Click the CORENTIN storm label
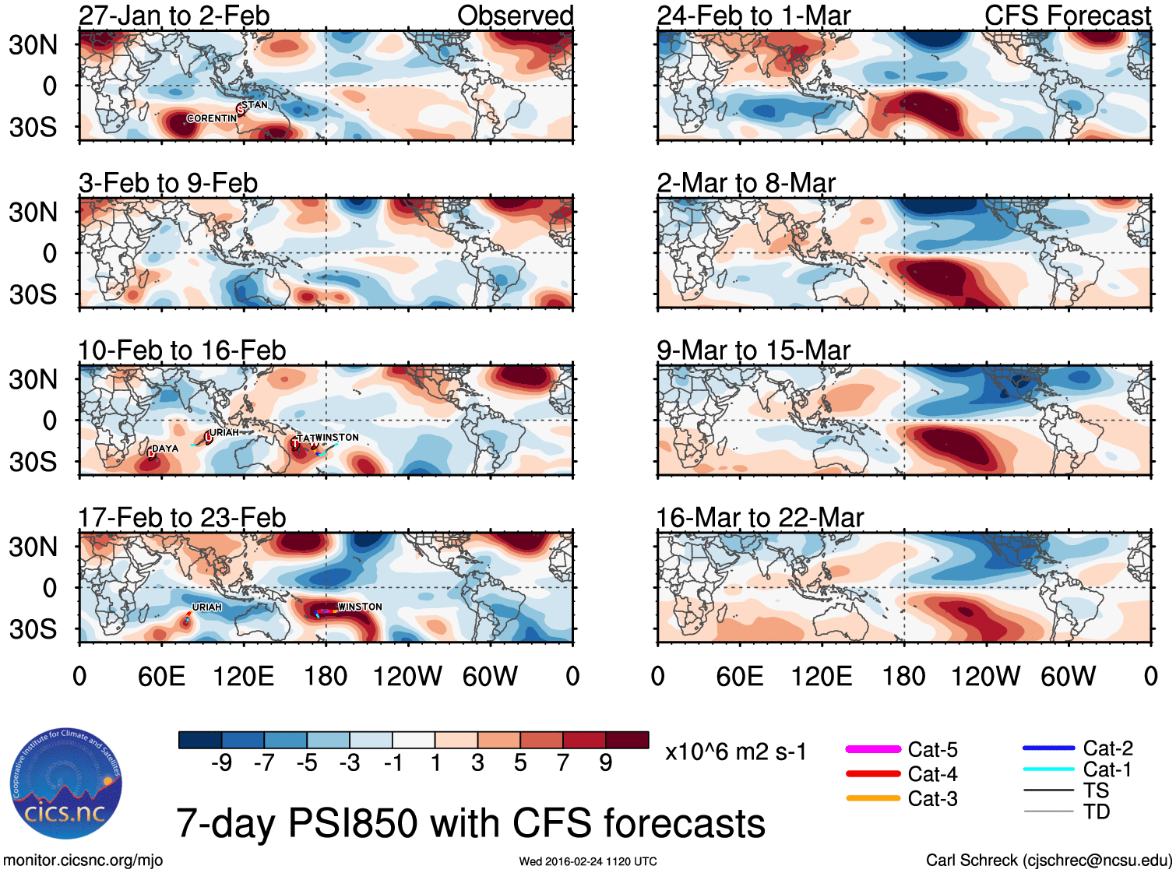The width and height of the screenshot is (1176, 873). pyautogui.click(x=211, y=118)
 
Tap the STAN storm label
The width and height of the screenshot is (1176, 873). pyautogui.click(x=254, y=105)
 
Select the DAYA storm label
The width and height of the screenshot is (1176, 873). pyautogui.click(x=165, y=449)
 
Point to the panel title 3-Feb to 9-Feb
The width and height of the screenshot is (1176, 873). pyautogui.click(x=168, y=183)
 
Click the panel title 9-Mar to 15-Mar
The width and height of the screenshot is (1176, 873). pyautogui.click(x=753, y=350)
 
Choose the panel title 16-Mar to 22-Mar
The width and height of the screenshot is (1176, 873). pyautogui.click(x=759, y=518)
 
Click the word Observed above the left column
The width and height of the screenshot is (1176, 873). pyautogui.click(x=515, y=16)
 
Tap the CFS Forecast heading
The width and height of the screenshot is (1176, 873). pyautogui.click(x=1067, y=16)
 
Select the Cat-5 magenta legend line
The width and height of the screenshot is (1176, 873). pyautogui.click(x=873, y=749)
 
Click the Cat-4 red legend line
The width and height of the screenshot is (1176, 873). pyautogui.click(x=873, y=774)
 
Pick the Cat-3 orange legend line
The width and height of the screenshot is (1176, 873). pyautogui.click(x=873, y=798)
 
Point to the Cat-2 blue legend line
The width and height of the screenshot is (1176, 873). pyautogui.click(x=1048, y=748)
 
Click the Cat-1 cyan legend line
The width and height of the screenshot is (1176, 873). pyautogui.click(x=1048, y=769)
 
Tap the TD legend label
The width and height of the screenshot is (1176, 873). pyautogui.click(x=1097, y=812)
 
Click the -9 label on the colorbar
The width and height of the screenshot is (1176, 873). pyautogui.click(x=221, y=763)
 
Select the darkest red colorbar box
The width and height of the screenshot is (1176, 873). pyautogui.click(x=627, y=740)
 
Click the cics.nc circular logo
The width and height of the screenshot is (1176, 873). pyautogui.click(x=66, y=783)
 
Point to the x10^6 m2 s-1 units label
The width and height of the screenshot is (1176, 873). pyautogui.click(x=735, y=752)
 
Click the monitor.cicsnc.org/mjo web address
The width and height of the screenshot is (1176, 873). pyautogui.click(x=83, y=861)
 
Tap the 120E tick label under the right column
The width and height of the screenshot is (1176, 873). pyautogui.click(x=822, y=676)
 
